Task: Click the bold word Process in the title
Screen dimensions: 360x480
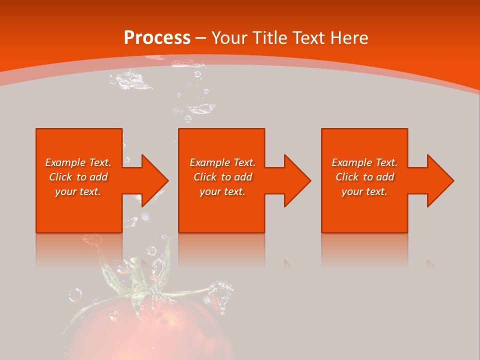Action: point(157,38)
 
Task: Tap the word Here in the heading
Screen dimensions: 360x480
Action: point(349,38)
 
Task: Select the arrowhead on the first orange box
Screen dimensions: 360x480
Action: point(153,180)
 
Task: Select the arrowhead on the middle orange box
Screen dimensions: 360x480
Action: point(296,180)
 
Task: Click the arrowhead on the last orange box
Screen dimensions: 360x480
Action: point(439,180)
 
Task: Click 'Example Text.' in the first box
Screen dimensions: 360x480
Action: point(78,162)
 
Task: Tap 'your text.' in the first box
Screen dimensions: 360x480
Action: point(78,191)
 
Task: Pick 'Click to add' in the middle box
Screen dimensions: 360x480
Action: point(222,177)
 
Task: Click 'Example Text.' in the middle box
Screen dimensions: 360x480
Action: point(222,162)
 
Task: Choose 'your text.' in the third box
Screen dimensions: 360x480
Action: point(364,191)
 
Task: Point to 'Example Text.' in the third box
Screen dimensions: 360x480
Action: point(364,162)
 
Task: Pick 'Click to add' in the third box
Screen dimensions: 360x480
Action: point(364,177)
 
